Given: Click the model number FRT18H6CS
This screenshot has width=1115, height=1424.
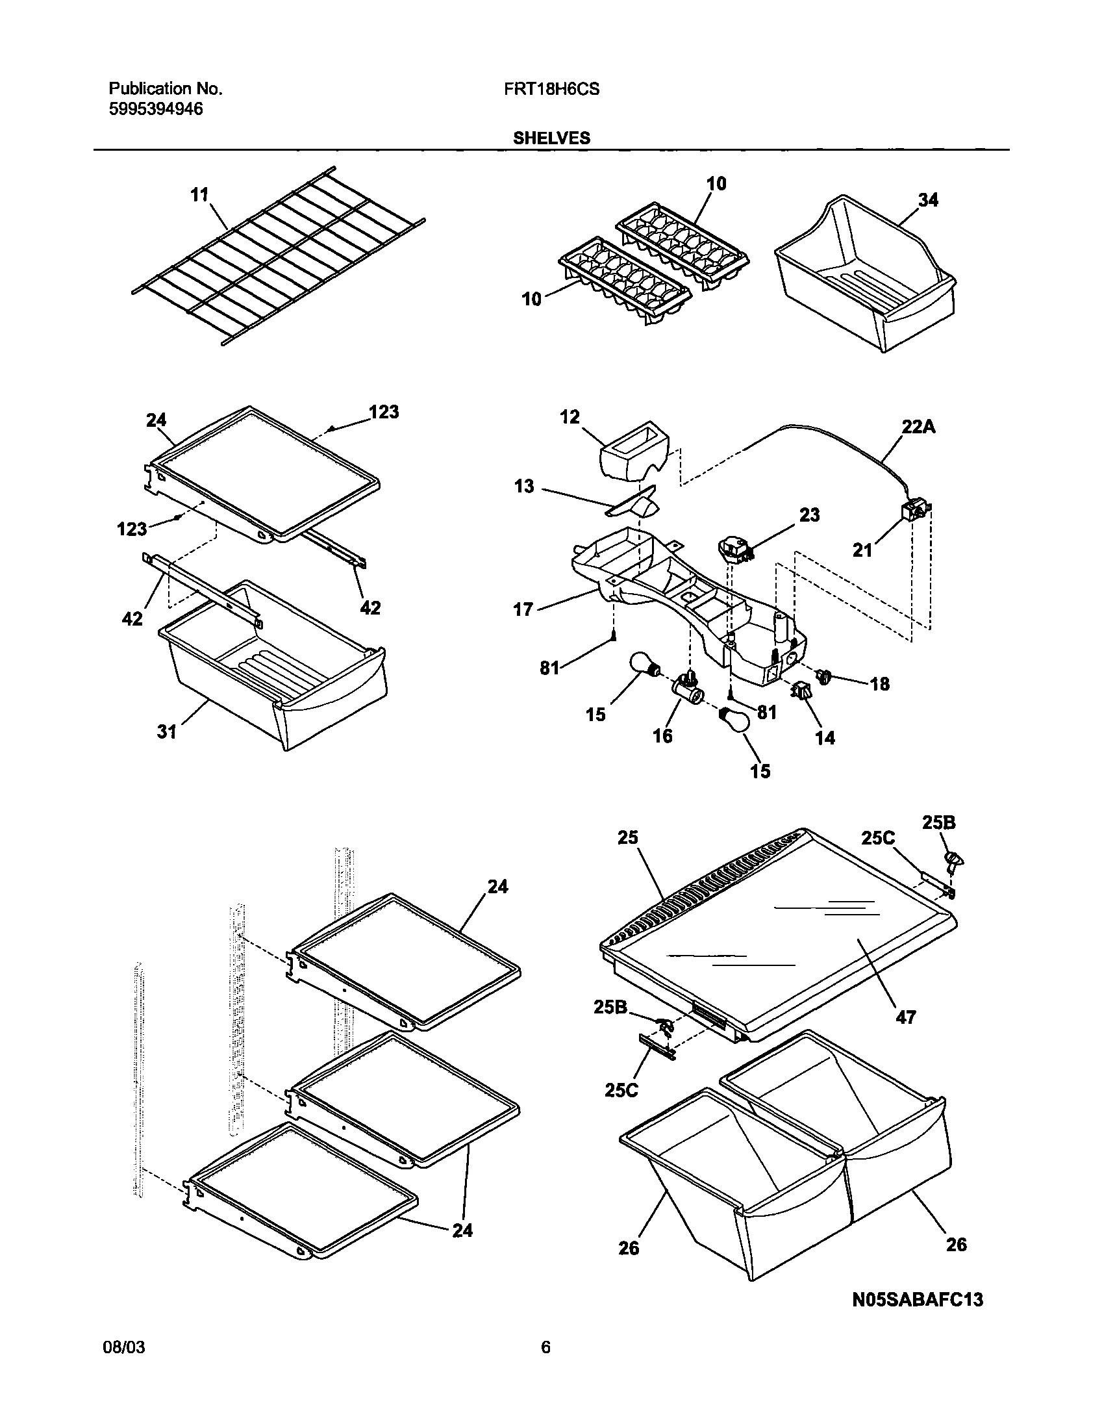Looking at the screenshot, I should click(551, 90).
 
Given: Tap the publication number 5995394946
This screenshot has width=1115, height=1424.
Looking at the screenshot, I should click(155, 109).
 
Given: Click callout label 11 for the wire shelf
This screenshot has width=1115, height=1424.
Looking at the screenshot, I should click(199, 195).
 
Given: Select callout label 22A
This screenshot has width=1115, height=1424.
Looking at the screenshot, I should click(918, 427).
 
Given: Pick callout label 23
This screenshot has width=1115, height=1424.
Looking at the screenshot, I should click(809, 515).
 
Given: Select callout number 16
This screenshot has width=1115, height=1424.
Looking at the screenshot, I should click(662, 737).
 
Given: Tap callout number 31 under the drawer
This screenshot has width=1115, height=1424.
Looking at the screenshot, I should click(167, 733).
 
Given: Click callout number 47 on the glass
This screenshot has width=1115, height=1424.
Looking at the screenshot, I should click(905, 1017).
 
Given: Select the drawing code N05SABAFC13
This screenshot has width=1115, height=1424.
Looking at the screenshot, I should click(917, 1299).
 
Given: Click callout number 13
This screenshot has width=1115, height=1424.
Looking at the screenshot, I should click(524, 487).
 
